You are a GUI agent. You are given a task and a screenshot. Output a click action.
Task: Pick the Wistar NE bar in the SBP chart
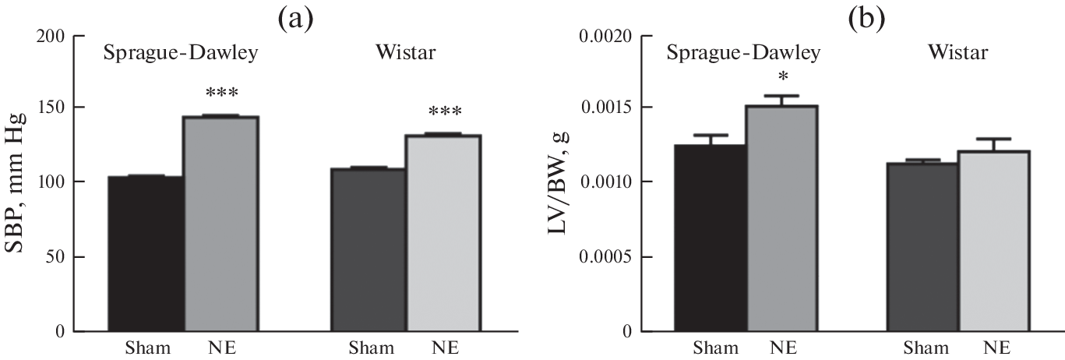point(443,233)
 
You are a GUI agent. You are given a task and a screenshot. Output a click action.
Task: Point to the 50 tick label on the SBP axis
point(55,257)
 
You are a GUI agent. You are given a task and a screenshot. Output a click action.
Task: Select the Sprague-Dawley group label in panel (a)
point(181,54)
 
